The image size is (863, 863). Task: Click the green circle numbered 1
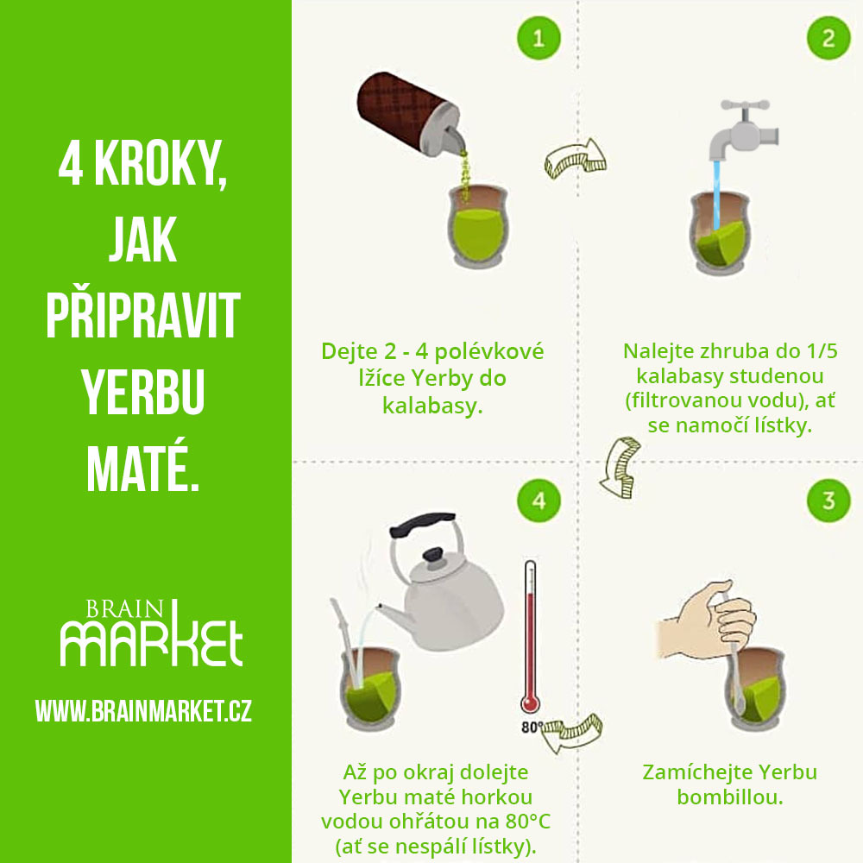(539, 38)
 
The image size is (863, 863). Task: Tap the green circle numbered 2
(828, 38)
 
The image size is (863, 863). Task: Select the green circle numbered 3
(828, 501)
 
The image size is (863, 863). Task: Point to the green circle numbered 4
(539, 501)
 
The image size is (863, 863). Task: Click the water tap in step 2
(743, 130)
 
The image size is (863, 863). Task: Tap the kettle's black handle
(422, 525)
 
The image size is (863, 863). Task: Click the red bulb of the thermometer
(530, 704)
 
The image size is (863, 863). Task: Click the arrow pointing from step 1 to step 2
(575, 159)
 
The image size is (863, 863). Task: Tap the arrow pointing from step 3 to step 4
(572, 733)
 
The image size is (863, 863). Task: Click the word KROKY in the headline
(161, 163)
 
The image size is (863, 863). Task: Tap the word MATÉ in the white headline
(142, 466)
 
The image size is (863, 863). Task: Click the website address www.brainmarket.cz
(143, 710)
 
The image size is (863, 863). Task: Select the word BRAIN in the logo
(125, 609)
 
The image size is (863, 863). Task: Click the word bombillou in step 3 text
(730, 797)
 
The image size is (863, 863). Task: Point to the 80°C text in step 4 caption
(527, 822)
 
